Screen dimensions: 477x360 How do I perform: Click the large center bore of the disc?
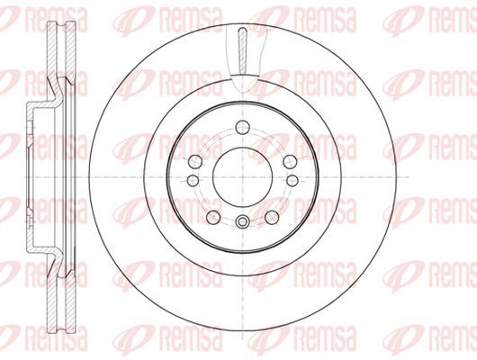[242, 177]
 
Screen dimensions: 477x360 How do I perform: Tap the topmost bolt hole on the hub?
[242, 127]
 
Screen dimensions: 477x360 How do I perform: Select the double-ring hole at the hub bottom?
[242, 221]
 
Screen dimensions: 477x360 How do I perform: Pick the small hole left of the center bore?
[193, 181]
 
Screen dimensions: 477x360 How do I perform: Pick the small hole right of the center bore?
[292, 181]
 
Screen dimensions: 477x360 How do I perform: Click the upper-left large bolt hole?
[195, 162]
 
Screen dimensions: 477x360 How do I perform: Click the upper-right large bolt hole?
[290, 162]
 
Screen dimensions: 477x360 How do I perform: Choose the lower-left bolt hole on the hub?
[213, 217]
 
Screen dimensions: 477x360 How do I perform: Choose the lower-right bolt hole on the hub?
[272, 217]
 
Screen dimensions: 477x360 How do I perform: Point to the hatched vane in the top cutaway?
[242, 51]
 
